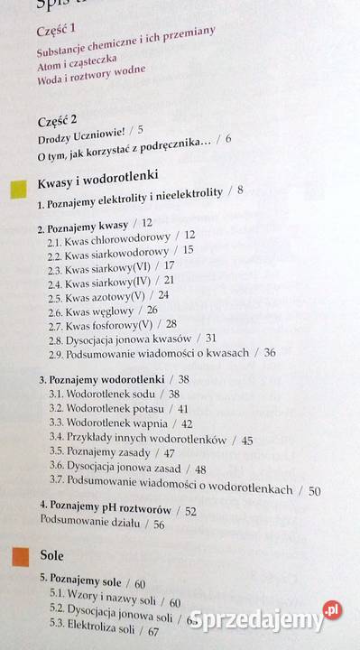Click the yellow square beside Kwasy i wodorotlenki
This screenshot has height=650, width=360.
tap(16, 188)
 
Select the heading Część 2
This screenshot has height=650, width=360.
tap(58, 121)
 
